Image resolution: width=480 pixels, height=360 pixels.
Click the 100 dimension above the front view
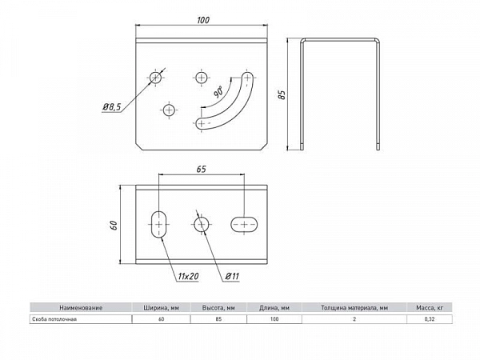(x=203, y=20)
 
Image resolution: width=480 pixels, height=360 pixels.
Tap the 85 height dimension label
(x=282, y=94)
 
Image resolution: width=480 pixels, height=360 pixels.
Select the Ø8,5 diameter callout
(x=112, y=107)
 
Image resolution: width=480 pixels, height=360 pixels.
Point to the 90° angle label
(x=218, y=92)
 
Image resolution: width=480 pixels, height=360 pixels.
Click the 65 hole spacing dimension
(x=201, y=169)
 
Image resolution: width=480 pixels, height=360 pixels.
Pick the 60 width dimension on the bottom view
(x=114, y=226)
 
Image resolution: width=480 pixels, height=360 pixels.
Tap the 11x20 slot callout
(x=188, y=276)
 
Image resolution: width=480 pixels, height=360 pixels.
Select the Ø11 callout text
(x=232, y=276)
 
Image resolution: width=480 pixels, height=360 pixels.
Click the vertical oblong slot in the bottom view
(x=159, y=224)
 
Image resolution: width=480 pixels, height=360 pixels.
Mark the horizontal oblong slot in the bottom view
(x=244, y=224)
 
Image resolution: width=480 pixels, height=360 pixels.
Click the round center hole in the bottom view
(x=202, y=225)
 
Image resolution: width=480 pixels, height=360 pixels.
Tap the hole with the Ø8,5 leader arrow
(x=155, y=77)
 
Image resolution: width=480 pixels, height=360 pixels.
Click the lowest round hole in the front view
(x=169, y=110)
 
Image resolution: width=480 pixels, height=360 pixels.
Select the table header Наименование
(x=81, y=308)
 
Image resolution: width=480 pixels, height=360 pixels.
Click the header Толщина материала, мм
(x=354, y=308)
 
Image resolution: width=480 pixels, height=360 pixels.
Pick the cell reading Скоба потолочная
(x=54, y=319)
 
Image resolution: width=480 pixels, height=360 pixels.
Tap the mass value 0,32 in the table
(x=430, y=319)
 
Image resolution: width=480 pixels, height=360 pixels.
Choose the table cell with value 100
(x=274, y=319)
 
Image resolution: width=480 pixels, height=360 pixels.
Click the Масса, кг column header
(x=430, y=308)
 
